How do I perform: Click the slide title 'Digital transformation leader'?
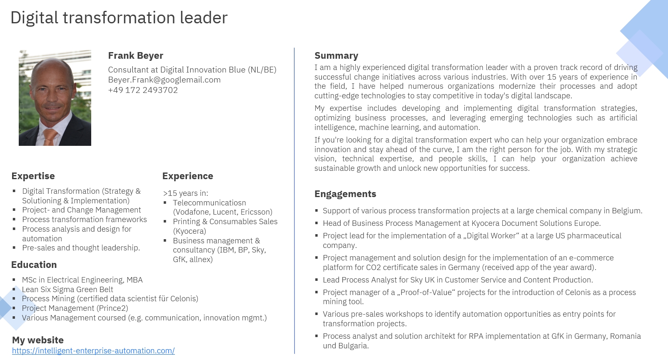click(119, 18)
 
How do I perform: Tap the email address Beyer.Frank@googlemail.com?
click(164, 80)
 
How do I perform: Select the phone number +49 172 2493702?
click(143, 90)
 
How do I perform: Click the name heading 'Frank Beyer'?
click(135, 55)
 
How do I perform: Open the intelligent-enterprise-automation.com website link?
click(93, 351)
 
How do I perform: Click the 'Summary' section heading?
click(336, 55)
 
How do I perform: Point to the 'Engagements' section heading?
click(345, 194)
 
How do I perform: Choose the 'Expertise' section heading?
click(33, 176)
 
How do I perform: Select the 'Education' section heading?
click(34, 265)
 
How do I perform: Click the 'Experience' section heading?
click(187, 176)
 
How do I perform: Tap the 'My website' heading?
click(38, 340)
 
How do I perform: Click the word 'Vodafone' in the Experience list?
click(192, 212)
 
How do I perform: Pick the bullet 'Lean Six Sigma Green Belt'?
click(67, 289)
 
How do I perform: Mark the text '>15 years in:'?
click(185, 193)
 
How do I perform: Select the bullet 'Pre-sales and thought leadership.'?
click(81, 248)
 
